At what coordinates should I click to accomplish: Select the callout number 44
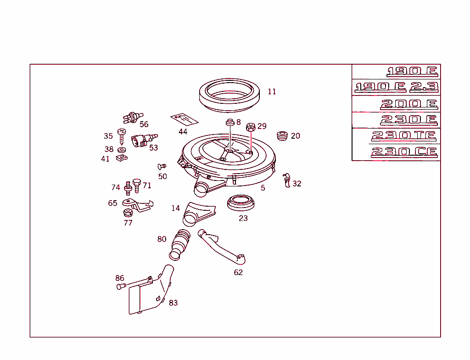(x=183, y=132)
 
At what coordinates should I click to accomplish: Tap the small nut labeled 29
(x=251, y=127)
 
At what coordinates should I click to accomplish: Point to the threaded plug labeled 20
(x=283, y=136)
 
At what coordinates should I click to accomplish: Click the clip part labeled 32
(x=286, y=180)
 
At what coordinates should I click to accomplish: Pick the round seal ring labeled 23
(x=241, y=202)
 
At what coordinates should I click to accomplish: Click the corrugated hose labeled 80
(x=180, y=243)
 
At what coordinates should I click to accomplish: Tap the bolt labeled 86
(x=121, y=287)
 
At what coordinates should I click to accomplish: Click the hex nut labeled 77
(x=128, y=213)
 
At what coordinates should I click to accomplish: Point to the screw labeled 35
(x=122, y=135)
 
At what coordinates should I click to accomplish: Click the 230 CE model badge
(x=404, y=152)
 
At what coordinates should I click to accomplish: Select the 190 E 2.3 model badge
(x=397, y=87)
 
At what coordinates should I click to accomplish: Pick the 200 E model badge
(x=408, y=104)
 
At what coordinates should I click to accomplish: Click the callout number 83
(x=173, y=303)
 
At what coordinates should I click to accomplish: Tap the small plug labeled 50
(x=162, y=167)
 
